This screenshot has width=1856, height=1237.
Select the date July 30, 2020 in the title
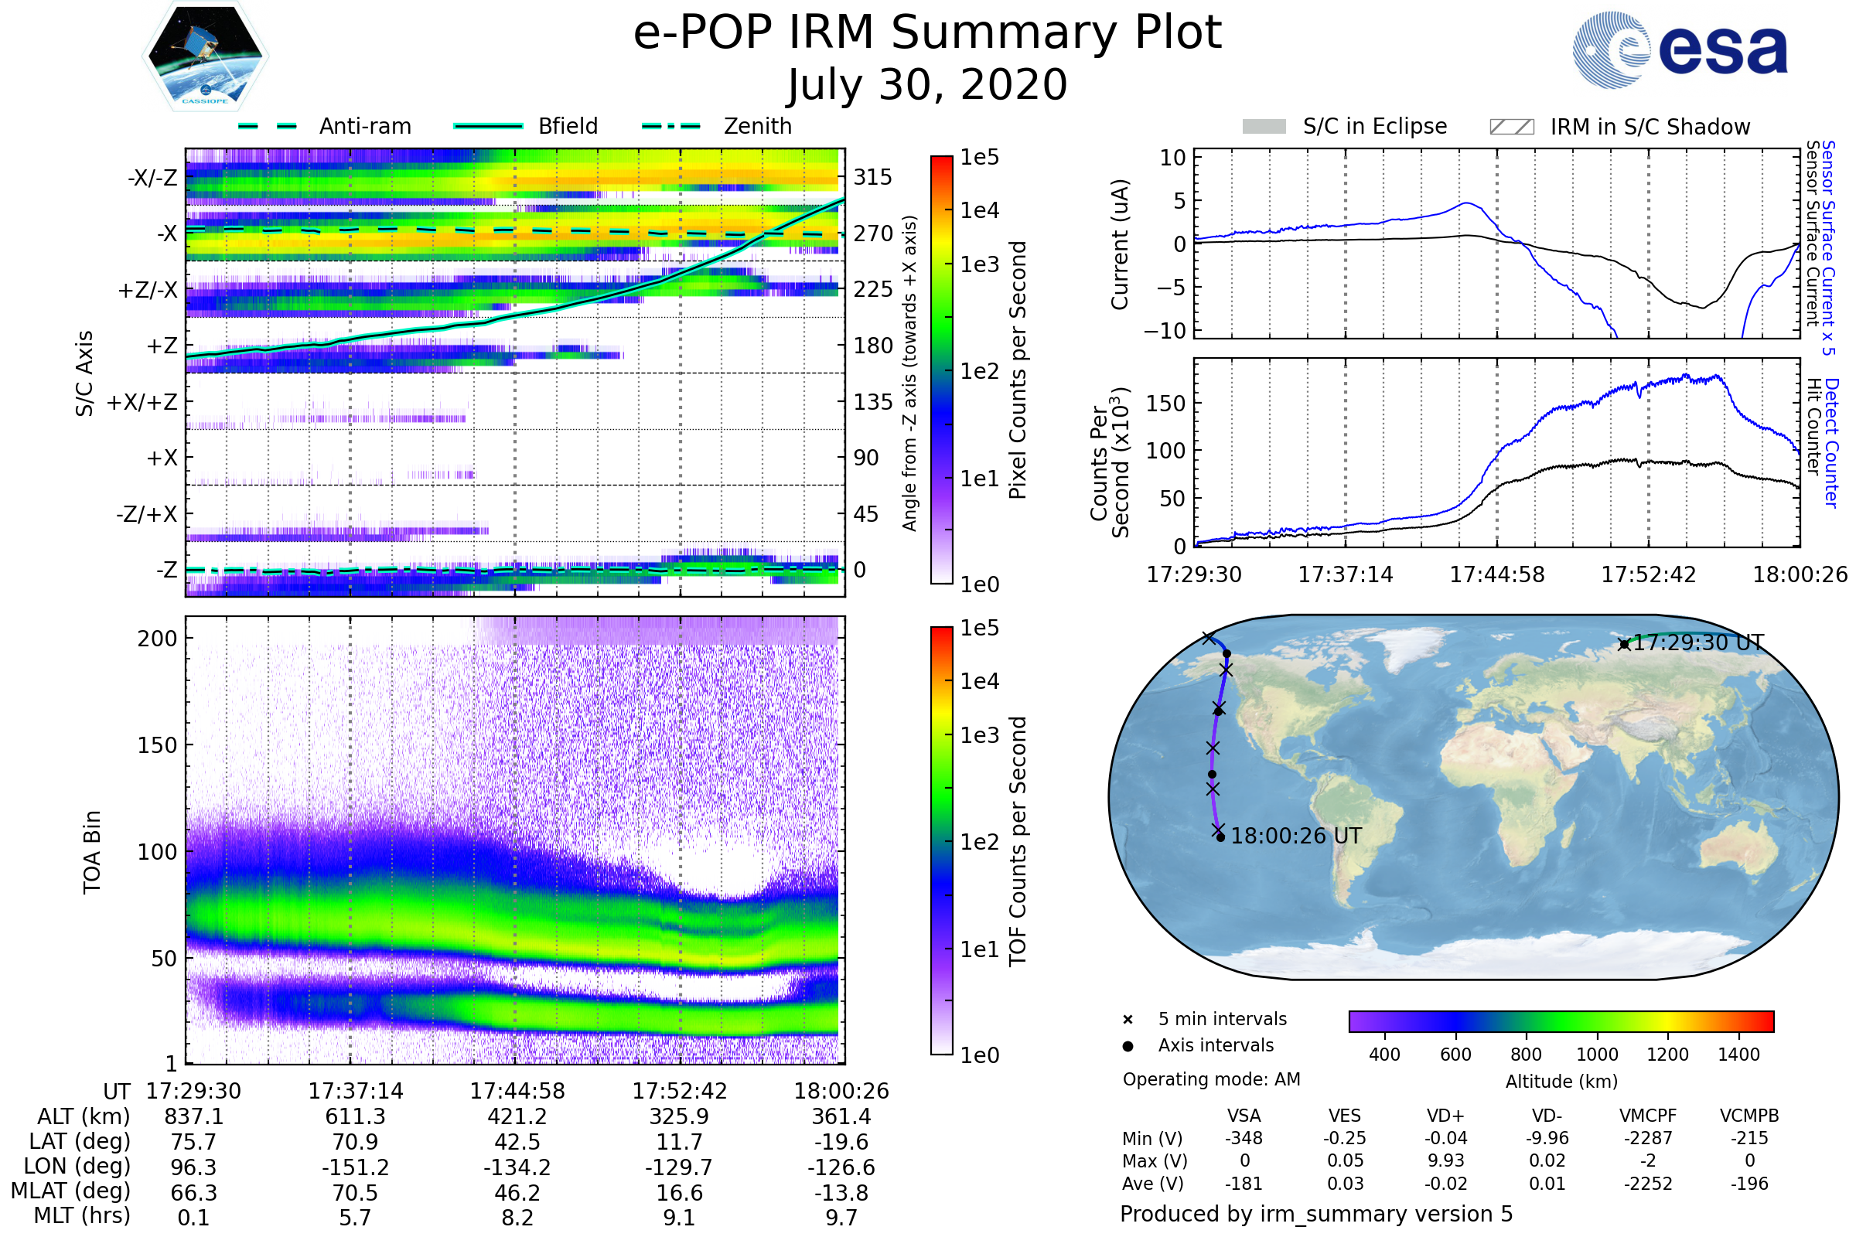(x=927, y=85)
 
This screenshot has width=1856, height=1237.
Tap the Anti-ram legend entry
(x=364, y=126)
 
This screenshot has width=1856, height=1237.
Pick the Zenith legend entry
(x=758, y=126)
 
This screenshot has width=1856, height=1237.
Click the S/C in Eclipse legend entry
(x=1375, y=126)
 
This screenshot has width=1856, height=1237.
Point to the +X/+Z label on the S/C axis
(x=142, y=402)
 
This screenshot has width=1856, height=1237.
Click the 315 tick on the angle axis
(x=873, y=177)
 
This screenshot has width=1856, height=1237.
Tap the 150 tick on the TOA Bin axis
(x=157, y=745)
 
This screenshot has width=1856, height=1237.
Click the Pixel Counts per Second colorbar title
(x=1018, y=370)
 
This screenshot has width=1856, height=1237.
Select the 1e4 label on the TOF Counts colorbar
(x=979, y=681)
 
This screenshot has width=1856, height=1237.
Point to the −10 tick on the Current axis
(x=1165, y=331)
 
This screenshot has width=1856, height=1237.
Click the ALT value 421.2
(x=517, y=1117)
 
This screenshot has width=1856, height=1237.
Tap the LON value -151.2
(x=355, y=1167)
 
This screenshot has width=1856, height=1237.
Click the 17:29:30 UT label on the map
(x=1697, y=643)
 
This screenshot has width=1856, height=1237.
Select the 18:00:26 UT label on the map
(x=1296, y=837)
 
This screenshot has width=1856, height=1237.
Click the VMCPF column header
(x=1648, y=1116)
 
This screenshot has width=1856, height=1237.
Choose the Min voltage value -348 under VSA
(x=1244, y=1138)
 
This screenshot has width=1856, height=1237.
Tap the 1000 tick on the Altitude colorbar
(x=1596, y=1055)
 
